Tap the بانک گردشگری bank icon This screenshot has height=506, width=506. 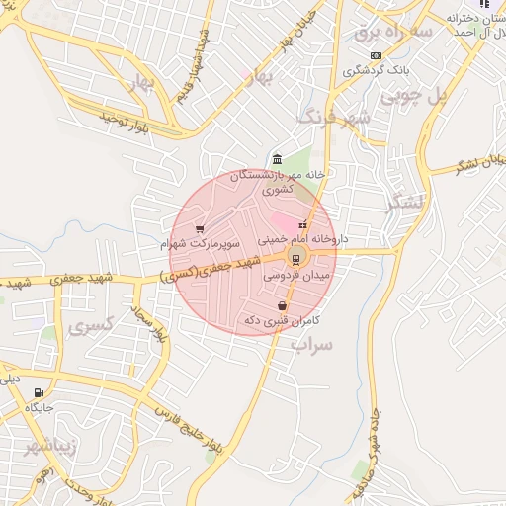[375, 56]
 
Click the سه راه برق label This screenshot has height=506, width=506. [393, 33]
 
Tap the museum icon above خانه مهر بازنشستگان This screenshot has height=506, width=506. [276, 159]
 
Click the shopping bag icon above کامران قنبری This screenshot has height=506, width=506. [283, 306]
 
